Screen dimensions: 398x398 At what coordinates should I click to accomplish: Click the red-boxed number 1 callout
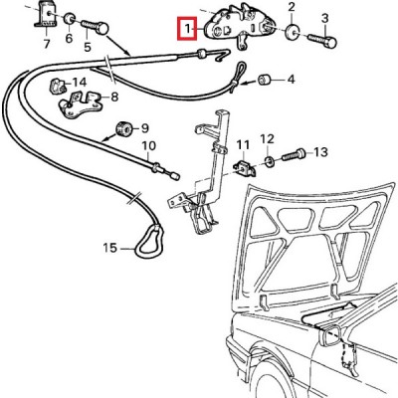(188, 29)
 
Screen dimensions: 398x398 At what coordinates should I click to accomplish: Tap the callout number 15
(110, 248)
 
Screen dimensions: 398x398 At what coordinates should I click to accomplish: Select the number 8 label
(114, 97)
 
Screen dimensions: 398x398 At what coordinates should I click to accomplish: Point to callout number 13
(320, 152)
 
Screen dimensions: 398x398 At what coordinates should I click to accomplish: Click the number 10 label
(149, 146)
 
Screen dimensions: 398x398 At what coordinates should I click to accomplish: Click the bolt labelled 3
(322, 40)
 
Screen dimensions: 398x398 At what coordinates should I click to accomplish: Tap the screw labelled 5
(95, 27)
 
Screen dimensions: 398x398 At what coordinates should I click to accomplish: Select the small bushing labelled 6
(70, 18)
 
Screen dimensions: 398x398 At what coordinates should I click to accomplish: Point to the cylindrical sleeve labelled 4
(265, 80)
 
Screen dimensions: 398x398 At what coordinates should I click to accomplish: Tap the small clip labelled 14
(56, 87)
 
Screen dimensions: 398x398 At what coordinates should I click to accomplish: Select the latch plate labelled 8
(80, 104)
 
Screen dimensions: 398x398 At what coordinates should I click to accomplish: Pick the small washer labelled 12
(269, 161)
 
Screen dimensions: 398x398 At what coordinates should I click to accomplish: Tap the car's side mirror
(329, 333)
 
